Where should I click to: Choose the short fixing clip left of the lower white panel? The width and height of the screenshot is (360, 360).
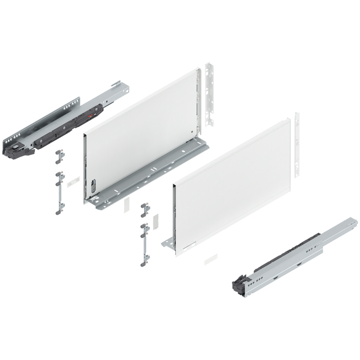pos(144,210)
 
